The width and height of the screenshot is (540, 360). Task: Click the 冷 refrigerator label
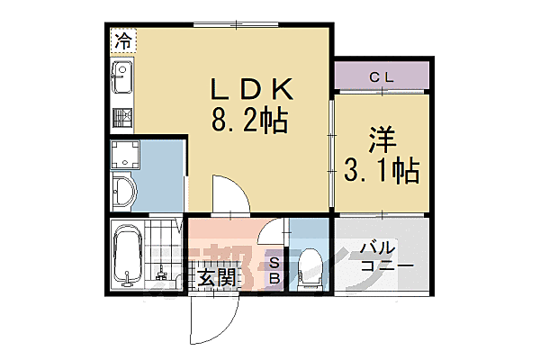point(122,41)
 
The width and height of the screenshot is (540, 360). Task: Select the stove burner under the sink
point(122,117)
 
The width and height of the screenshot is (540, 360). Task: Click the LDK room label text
point(251,91)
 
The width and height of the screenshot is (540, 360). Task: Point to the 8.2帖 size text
point(249,121)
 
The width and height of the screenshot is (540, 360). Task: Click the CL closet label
point(382,77)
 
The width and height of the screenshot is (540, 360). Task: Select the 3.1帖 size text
point(382,171)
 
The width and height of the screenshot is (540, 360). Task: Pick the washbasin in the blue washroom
point(124,192)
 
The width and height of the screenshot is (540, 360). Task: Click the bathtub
point(127,252)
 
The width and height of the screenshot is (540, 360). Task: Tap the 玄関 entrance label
point(217,277)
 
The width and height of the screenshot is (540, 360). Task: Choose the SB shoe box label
point(275,270)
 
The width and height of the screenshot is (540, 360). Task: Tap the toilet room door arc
point(269,234)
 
